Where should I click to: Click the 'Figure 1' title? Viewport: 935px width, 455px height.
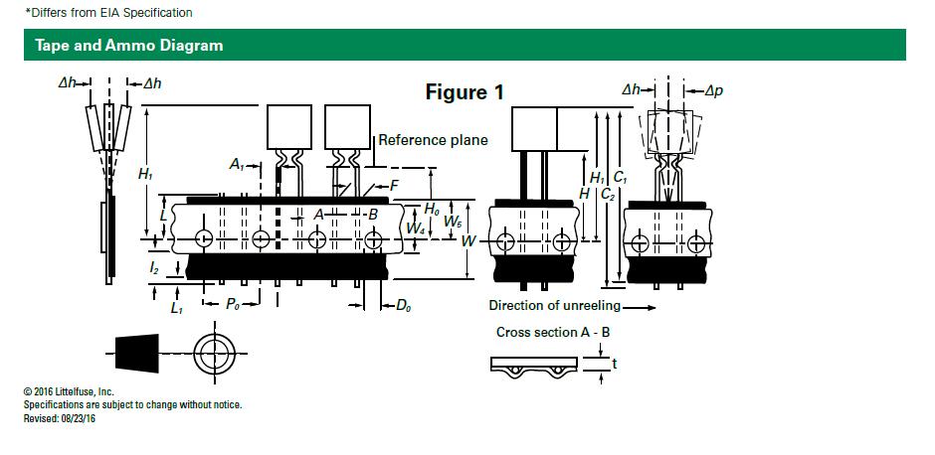(x=465, y=92)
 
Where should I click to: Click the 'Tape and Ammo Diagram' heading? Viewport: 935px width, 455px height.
(x=128, y=46)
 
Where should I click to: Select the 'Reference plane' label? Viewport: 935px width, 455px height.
(x=433, y=140)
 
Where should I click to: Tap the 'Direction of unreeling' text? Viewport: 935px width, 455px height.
(x=554, y=305)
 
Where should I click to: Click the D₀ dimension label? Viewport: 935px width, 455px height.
(x=403, y=306)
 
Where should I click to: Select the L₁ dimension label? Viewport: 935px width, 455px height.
(x=177, y=309)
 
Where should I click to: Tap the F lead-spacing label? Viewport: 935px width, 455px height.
(x=394, y=185)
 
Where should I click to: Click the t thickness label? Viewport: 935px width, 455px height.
(x=615, y=365)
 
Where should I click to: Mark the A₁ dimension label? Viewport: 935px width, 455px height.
(x=237, y=165)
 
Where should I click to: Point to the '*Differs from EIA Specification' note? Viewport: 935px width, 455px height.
(x=108, y=13)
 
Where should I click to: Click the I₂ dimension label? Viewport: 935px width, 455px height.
(x=154, y=268)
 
